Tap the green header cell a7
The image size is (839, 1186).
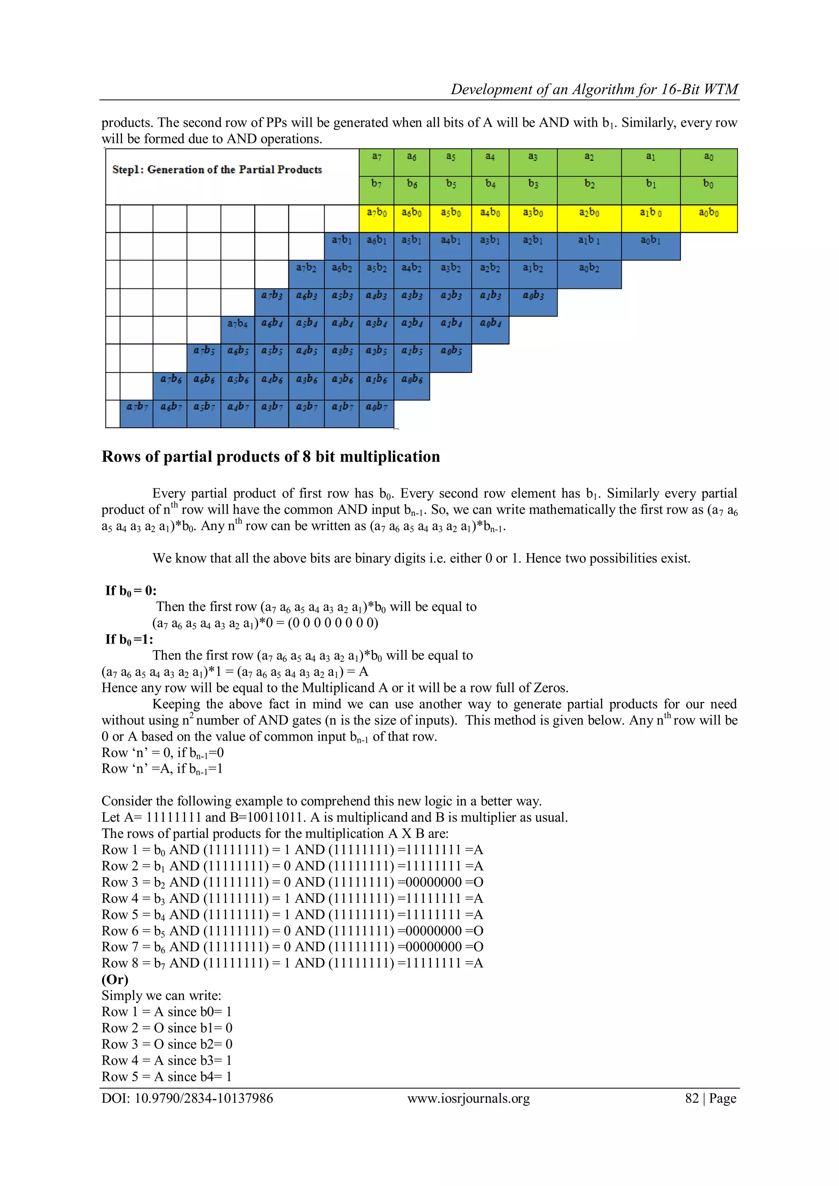pyautogui.click(x=376, y=162)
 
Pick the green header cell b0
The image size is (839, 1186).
pyautogui.click(x=708, y=190)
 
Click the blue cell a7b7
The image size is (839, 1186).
pyautogui.click(x=136, y=413)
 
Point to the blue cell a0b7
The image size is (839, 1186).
pyautogui.click(x=376, y=413)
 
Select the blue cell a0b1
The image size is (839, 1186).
pyautogui.click(x=651, y=246)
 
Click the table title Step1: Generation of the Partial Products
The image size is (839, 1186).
pyautogui.click(x=217, y=170)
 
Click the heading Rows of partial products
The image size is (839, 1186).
pyautogui.click(x=271, y=457)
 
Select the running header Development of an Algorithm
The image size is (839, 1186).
pyautogui.click(x=594, y=89)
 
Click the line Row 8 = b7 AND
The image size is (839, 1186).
pyautogui.click(x=292, y=963)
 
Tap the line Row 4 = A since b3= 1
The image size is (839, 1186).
pyautogui.click(x=166, y=1060)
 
